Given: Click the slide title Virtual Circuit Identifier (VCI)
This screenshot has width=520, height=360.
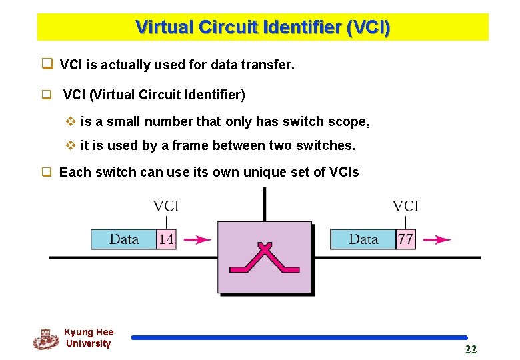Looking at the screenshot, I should tap(263, 28).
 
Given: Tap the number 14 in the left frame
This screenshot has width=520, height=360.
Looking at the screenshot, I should tap(166, 239).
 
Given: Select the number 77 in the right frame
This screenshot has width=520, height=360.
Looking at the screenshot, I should tap(405, 239).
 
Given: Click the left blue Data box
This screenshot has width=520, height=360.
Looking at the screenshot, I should tap(124, 239).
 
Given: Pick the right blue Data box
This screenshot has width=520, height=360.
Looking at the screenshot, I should tap(363, 239).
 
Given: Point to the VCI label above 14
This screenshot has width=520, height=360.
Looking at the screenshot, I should tap(166, 206).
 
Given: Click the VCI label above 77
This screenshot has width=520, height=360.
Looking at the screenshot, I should tap(405, 206).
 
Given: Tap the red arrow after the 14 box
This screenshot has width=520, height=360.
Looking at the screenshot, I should tap(197, 240).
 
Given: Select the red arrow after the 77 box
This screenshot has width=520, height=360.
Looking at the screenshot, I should tap(437, 240).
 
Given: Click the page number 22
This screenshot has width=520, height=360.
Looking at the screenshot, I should tap(471, 350).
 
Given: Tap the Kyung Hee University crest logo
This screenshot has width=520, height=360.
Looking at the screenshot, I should tap(45, 339).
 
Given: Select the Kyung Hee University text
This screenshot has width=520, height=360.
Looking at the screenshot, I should tap(89, 338).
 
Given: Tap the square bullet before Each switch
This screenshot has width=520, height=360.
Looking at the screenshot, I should tap(47, 173).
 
